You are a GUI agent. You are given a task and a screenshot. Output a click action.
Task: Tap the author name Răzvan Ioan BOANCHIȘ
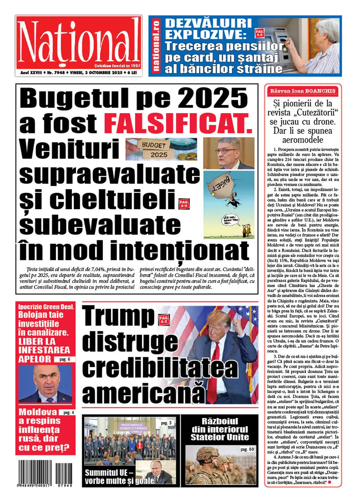[x=303, y=91]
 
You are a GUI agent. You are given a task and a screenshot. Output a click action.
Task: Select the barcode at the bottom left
[x=45, y=473]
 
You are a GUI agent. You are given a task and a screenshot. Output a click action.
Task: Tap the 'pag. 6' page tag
[x=65, y=359]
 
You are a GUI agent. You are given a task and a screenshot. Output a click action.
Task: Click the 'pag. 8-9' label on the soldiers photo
[x=247, y=449]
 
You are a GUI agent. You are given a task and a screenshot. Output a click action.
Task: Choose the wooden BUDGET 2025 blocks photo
[x=161, y=149]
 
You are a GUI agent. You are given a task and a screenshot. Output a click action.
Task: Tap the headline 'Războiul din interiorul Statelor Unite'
[x=220, y=429]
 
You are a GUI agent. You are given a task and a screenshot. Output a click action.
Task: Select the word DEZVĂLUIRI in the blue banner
[x=208, y=23]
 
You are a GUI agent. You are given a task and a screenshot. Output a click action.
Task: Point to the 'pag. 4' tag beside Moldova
[x=67, y=412]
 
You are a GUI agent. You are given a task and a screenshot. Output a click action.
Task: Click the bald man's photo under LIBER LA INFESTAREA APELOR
[x=45, y=384]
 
